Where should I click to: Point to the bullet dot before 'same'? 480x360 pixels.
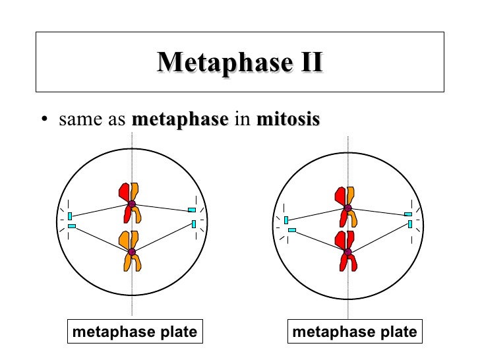click(44, 120)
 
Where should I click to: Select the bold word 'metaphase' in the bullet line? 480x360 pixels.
click(180, 120)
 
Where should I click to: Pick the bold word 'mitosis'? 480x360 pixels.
click(287, 120)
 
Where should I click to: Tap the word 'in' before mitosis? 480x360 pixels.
click(241, 120)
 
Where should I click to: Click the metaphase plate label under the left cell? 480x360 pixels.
click(135, 332)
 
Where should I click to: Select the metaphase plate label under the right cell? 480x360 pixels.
click(355, 332)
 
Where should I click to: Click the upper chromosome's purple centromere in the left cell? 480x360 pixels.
click(132, 204)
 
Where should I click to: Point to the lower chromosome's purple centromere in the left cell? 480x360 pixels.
click(132, 252)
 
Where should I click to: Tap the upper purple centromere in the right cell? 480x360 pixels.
click(347, 208)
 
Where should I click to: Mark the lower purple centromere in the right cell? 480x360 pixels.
click(347, 251)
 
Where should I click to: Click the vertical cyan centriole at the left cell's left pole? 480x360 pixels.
click(70, 216)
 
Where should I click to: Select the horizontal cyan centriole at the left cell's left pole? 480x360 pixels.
click(72, 226)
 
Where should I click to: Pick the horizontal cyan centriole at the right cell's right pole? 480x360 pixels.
click(408, 214)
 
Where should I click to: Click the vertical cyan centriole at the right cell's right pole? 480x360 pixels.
click(410, 224)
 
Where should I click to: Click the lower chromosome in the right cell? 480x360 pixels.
click(347, 251)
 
